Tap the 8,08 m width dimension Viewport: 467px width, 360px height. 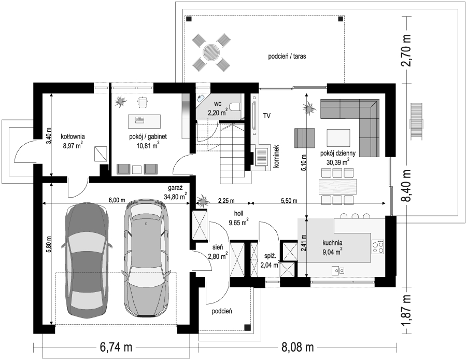(x=297, y=347)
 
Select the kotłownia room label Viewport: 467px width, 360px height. (x=73, y=137)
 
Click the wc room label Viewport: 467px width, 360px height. (x=218, y=104)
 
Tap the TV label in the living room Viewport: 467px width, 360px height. (x=266, y=116)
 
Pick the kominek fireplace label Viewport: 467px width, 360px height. (x=276, y=156)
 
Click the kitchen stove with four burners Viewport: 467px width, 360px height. (x=378, y=247)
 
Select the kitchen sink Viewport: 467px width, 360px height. (x=338, y=270)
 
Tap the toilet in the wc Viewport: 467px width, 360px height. (x=236, y=106)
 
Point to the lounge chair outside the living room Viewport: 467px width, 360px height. (x=416, y=121)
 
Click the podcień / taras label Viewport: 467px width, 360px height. (x=287, y=56)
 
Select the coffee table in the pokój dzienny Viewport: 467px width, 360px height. (x=338, y=137)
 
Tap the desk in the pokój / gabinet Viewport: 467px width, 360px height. (x=145, y=121)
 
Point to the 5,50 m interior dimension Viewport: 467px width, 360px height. (x=289, y=201)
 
